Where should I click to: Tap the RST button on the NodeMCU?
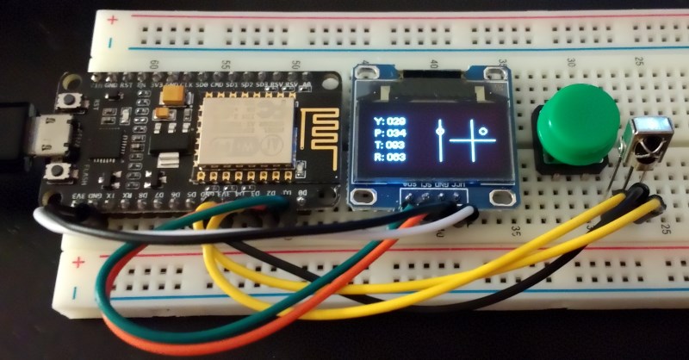tap(65, 101)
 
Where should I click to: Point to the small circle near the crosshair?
tap(484, 131)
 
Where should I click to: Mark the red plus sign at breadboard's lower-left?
tap(80, 262)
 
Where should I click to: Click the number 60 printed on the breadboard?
tap(155, 65)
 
